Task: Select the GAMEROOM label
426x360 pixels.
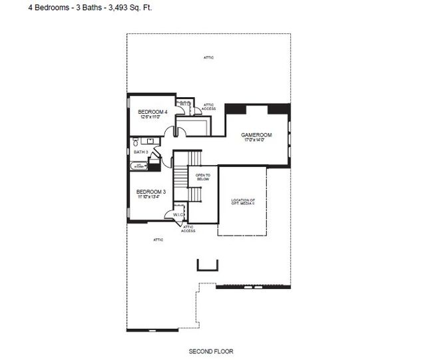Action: click(257, 135)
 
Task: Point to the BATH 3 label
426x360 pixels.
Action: click(140, 152)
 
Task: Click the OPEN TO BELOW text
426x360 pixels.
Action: click(203, 177)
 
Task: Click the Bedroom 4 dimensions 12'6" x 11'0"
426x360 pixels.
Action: click(150, 117)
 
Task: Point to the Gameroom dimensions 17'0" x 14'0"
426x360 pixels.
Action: click(257, 140)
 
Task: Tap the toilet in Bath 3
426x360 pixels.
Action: click(135, 142)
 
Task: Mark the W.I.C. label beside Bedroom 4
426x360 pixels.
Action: click(184, 104)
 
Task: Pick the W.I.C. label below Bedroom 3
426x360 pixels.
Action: click(178, 215)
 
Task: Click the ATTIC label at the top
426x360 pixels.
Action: click(208, 59)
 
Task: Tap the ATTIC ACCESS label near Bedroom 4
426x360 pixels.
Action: click(208, 106)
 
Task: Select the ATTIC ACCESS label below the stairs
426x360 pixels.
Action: click(188, 229)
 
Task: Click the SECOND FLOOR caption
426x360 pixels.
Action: click(211, 351)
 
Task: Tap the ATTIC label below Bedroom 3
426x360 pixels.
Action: click(158, 240)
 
